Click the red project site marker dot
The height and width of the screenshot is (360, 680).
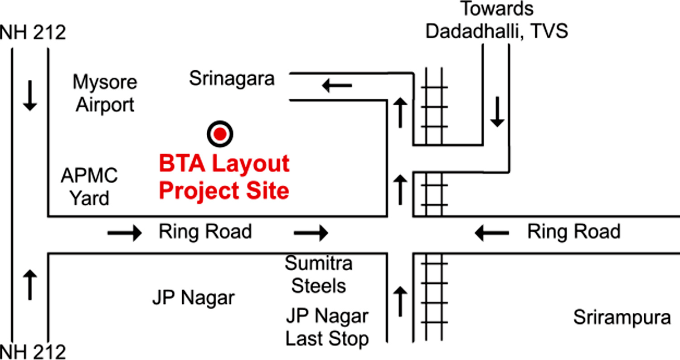click(x=220, y=134)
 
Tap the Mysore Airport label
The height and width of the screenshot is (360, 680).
click(x=105, y=94)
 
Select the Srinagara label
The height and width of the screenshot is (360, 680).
click(x=232, y=79)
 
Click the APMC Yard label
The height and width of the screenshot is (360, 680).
click(x=90, y=186)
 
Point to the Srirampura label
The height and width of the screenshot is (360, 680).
click(x=622, y=317)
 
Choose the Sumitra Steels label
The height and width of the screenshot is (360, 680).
click(x=319, y=274)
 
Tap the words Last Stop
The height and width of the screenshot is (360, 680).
click(x=327, y=339)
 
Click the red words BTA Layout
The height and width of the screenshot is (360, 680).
click(x=224, y=163)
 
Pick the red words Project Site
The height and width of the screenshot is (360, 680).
click(x=224, y=191)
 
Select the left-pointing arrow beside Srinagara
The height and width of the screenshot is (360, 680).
click(x=337, y=85)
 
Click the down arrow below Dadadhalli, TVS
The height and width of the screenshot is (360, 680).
click(x=497, y=111)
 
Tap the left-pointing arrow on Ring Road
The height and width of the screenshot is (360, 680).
click(x=491, y=233)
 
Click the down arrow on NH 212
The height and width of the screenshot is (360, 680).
click(x=30, y=95)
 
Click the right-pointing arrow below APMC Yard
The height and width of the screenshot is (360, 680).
click(x=124, y=233)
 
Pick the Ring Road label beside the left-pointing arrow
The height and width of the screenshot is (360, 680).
click(x=573, y=232)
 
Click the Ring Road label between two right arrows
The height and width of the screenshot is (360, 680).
click(x=205, y=232)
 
